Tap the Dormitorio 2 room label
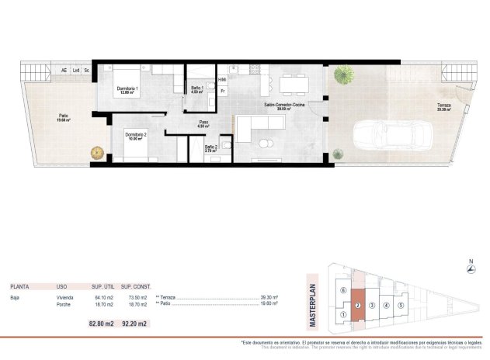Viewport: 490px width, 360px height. coord(135,135)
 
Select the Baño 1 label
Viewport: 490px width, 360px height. coord(197,88)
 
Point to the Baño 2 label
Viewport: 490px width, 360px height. coord(210,147)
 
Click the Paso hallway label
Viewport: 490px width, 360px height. coord(203,123)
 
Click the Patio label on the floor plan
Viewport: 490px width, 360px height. coord(63,118)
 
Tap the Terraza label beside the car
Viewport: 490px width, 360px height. coord(443,106)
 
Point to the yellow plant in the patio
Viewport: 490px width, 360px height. coord(98,152)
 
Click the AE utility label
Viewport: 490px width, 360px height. coord(64,71)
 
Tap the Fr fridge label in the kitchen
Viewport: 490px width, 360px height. coord(223,91)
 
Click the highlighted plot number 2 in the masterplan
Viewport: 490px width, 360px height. coord(357,305)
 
